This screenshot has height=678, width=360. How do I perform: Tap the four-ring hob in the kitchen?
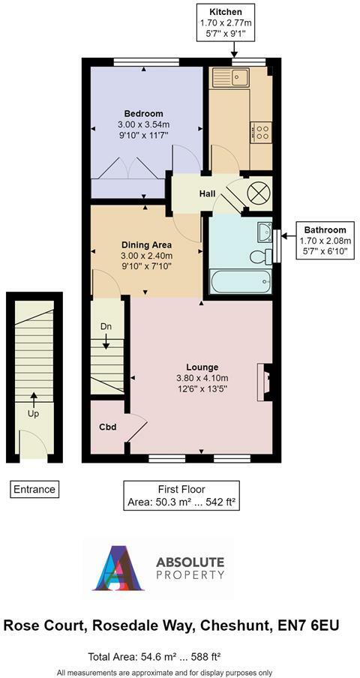(x=263, y=133)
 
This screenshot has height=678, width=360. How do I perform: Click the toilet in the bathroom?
(x=259, y=257)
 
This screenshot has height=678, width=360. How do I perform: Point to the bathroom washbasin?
(x=264, y=230)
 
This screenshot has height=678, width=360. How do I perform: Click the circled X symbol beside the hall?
(x=257, y=193)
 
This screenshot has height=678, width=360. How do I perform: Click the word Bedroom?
(x=143, y=114)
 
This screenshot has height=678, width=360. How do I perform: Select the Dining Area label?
(x=147, y=245)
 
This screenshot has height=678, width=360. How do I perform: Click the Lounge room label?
(x=201, y=367)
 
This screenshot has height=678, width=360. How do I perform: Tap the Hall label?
(x=207, y=194)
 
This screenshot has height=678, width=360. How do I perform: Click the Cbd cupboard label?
(x=107, y=427)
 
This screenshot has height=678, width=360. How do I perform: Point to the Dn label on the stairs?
(x=106, y=328)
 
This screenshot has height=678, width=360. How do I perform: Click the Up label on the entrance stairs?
(x=33, y=413)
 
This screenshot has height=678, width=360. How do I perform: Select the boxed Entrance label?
(x=34, y=490)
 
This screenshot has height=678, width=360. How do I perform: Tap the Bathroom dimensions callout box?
(x=325, y=241)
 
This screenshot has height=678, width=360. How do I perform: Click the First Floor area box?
(x=183, y=496)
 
